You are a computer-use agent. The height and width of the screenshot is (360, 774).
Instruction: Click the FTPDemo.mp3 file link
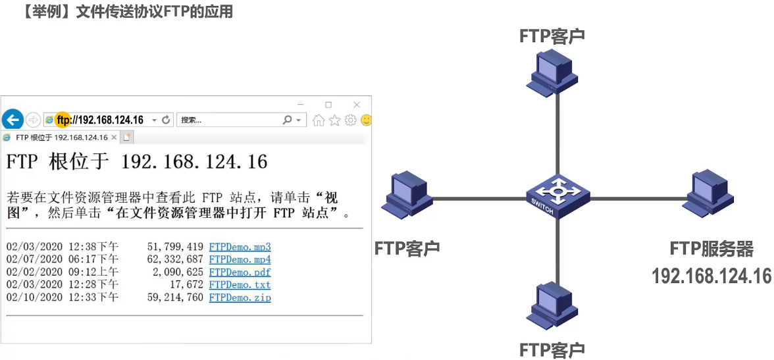240,247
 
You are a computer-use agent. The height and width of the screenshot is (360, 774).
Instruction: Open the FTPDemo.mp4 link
240,260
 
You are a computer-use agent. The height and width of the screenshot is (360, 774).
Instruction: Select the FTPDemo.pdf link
240,272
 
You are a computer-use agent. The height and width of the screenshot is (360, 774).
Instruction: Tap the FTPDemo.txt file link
240,285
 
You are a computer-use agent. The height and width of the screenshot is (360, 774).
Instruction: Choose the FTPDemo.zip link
240,297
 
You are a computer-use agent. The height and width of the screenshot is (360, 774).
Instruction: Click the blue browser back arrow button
13,120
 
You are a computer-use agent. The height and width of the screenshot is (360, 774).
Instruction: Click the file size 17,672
186,285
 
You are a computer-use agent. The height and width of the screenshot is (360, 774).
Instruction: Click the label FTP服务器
711,249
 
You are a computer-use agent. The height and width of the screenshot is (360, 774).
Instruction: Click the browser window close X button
357,105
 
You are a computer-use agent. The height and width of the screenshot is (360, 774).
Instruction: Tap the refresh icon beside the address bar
166,120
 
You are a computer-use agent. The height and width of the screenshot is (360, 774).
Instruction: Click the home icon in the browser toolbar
319,120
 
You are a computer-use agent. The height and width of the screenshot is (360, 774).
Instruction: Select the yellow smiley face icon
367,120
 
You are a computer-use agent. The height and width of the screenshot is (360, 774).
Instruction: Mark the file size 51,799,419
175,247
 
